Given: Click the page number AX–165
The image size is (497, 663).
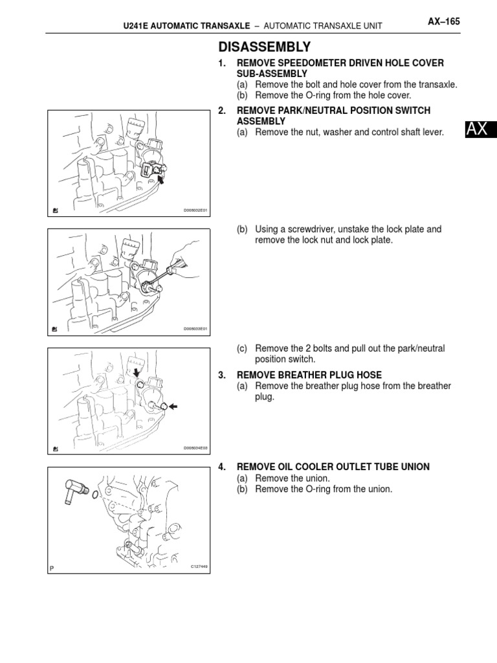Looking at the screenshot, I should pos(443,21).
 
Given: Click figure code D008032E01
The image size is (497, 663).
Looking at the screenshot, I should pos(195,210).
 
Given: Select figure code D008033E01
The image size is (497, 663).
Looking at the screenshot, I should pos(195,329).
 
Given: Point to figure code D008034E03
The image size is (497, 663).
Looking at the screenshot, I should pos(195,447).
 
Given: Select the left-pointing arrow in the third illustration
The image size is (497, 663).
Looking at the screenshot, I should pos(173,407).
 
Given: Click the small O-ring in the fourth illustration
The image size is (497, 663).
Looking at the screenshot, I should pos(95,497).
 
